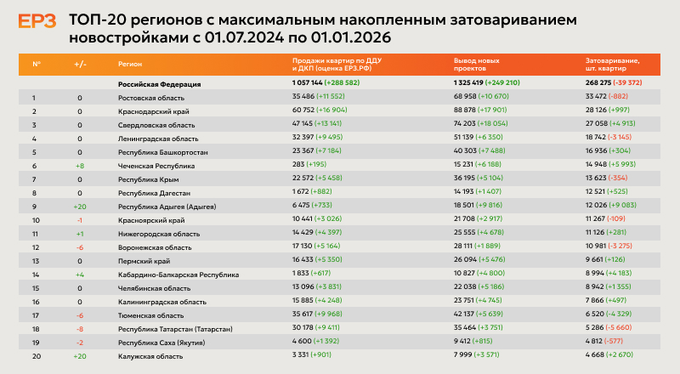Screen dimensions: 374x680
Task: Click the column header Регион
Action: click(x=129, y=64)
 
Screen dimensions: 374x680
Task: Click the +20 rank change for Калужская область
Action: click(x=79, y=355)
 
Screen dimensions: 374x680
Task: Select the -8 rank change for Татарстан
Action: click(x=79, y=328)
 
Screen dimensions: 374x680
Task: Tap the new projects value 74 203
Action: click(x=467, y=125)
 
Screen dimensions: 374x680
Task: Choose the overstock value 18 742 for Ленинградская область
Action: click(x=598, y=139)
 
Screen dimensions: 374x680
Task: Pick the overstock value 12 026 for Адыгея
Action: click(x=598, y=207)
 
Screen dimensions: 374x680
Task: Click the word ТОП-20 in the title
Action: click(x=94, y=20)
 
